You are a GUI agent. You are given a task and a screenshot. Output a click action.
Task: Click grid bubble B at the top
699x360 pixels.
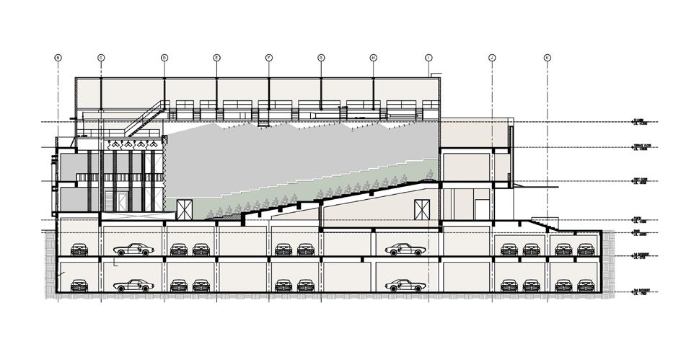click(x=58, y=57)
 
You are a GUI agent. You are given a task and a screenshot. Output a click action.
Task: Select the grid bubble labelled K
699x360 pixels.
click(x=547, y=57)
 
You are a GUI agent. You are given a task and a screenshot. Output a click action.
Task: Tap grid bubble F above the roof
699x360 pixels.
click(x=268, y=57)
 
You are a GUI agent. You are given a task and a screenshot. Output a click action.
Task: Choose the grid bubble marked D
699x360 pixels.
click(x=164, y=57)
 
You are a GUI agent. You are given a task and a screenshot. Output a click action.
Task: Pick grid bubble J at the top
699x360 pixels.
click(x=491, y=57)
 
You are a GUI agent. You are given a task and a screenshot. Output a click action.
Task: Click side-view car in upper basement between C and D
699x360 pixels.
click(x=134, y=250)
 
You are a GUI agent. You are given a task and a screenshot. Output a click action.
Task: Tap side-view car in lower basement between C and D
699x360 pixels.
click(x=134, y=284)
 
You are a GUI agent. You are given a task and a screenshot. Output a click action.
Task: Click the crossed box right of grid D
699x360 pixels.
click(x=185, y=210)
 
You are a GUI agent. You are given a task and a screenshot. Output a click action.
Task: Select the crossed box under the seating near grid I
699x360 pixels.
click(x=421, y=210)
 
